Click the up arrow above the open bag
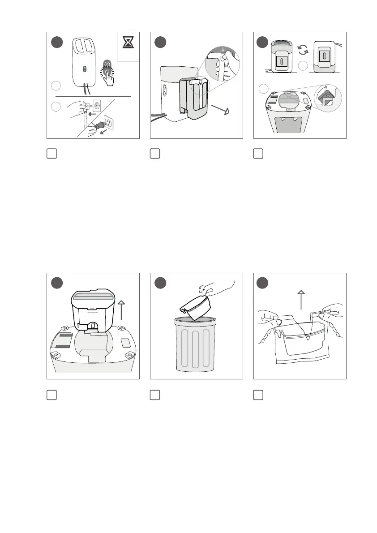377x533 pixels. [x=301, y=300]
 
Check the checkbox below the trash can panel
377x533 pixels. [x=154, y=395]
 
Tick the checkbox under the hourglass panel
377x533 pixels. [x=51, y=153]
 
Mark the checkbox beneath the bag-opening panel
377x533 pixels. [x=258, y=395]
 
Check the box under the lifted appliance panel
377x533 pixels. [x=51, y=395]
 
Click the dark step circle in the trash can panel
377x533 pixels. [x=160, y=283]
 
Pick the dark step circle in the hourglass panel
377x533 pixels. [x=56, y=42]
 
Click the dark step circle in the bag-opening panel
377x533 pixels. [x=263, y=283]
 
